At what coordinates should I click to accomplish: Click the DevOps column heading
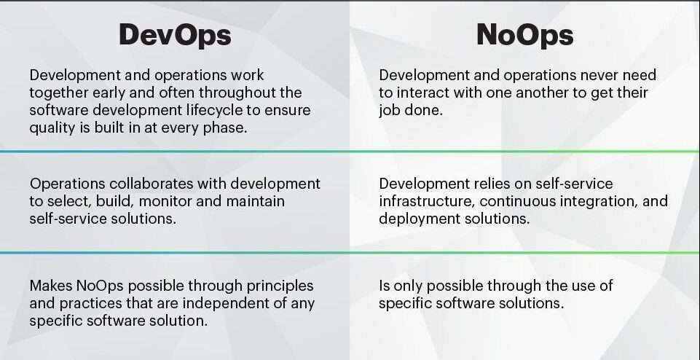(175, 35)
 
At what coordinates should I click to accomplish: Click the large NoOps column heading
(524, 35)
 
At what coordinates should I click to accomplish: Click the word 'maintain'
(256, 201)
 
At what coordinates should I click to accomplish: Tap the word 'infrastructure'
(426, 201)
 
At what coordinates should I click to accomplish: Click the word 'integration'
(600, 202)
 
